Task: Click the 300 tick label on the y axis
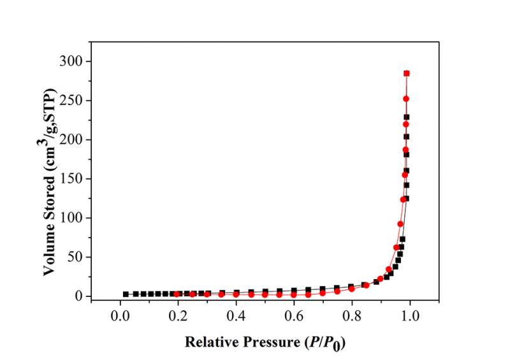[74, 61]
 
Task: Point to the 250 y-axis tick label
[74, 101]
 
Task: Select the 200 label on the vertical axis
[74, 140]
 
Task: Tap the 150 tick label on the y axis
[74, 179]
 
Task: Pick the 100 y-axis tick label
[74, 218]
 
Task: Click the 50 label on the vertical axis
[77, 257]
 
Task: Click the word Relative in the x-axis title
[209, 342]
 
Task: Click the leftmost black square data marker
[126, 294]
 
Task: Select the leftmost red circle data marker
[177, 294]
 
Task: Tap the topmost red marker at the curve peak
[406, 73]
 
